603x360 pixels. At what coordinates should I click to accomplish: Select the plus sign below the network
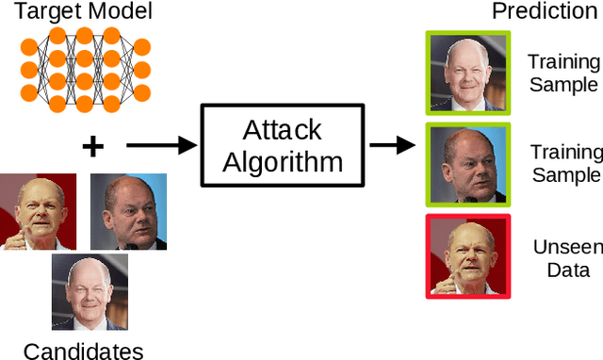coord(92,145)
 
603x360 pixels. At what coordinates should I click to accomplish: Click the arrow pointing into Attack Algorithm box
coord(160,145)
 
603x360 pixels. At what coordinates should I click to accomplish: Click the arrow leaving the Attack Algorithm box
coord(392,145)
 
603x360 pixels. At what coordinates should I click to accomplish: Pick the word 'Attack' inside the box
coord(283,129)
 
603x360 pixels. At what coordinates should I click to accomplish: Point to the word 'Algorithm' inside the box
coord(283,161)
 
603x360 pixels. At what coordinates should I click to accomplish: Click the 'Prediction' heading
coord(545,12)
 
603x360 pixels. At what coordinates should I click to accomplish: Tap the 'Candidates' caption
coord(83,351)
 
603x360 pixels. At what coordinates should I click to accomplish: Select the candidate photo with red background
coord(38,212)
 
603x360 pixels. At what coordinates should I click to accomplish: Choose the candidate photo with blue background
coord(128,212)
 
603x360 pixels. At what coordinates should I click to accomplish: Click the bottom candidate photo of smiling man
coord(89,292)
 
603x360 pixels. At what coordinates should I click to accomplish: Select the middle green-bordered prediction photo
coord(468,163)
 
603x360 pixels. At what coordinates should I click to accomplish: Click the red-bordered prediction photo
coord(468,255)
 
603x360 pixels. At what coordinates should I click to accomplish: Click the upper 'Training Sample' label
coord(563,73)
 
